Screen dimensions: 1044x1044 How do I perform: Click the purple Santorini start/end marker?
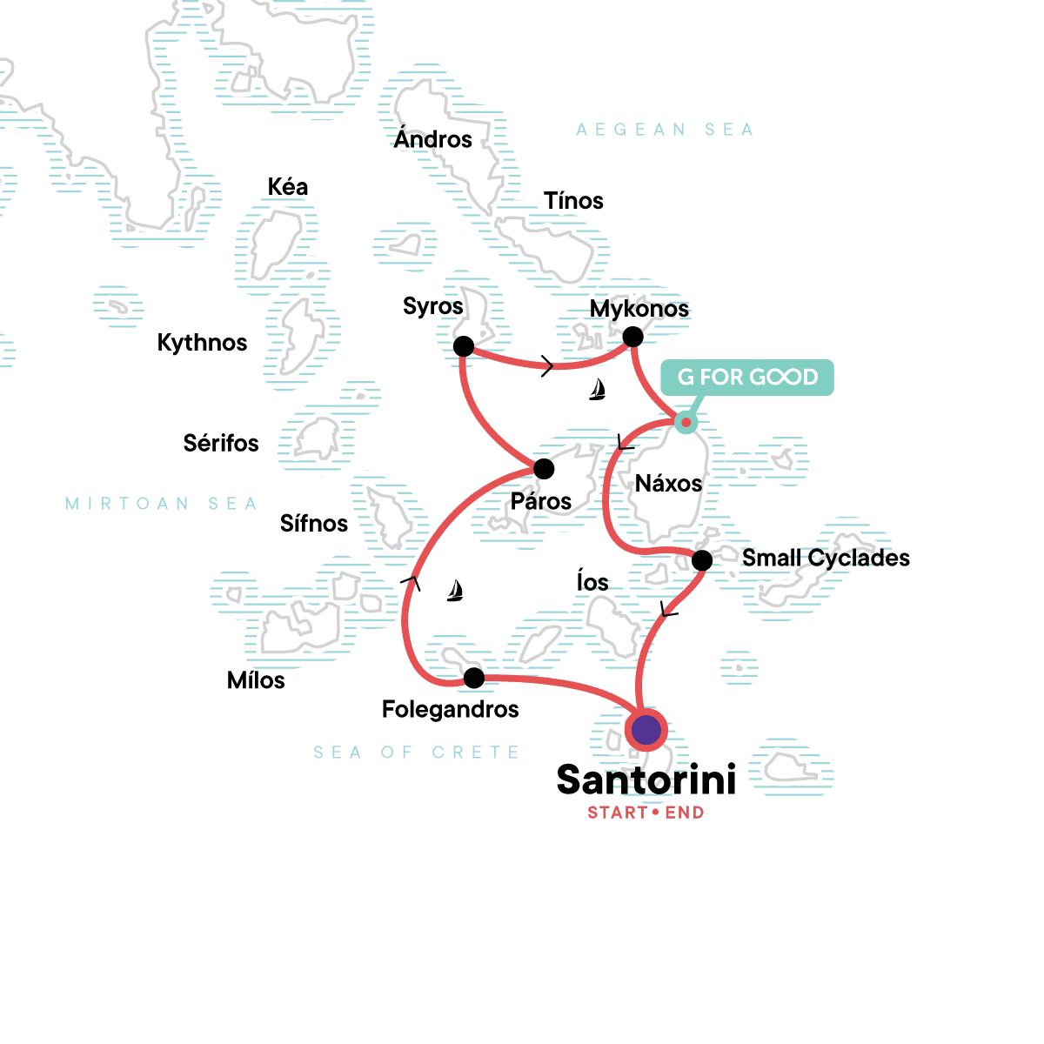click(646, 730)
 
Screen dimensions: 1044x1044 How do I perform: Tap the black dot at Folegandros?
click(474, 678)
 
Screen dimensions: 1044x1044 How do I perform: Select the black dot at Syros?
click(464, 346)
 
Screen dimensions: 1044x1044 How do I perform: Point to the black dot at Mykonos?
click(633, 337)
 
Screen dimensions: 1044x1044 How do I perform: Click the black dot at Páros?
click(544, 470)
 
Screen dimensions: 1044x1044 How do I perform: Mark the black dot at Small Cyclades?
click(702, 560)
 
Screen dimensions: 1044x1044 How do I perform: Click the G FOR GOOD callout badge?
click(747, 378)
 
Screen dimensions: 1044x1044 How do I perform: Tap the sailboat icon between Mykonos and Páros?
click(597, 390)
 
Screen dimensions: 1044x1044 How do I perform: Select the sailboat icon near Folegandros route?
click(454, 592)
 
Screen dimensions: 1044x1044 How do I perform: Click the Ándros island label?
click(432, 139)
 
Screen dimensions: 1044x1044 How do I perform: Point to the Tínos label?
click(573, 201)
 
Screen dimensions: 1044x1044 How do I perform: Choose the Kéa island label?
click(287, 187)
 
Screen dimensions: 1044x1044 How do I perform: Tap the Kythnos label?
click(202, 343)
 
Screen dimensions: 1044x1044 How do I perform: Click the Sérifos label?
click(221, 444)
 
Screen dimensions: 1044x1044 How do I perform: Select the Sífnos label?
click(313, 524)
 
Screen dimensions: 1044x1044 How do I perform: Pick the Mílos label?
click(256, 680)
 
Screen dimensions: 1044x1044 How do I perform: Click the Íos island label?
click(592, 582)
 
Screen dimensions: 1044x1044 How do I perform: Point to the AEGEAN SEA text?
click(665, 130)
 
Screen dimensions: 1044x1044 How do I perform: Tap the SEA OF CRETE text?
click(416, 753)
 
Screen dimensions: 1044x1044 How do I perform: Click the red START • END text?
click(646, 813)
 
